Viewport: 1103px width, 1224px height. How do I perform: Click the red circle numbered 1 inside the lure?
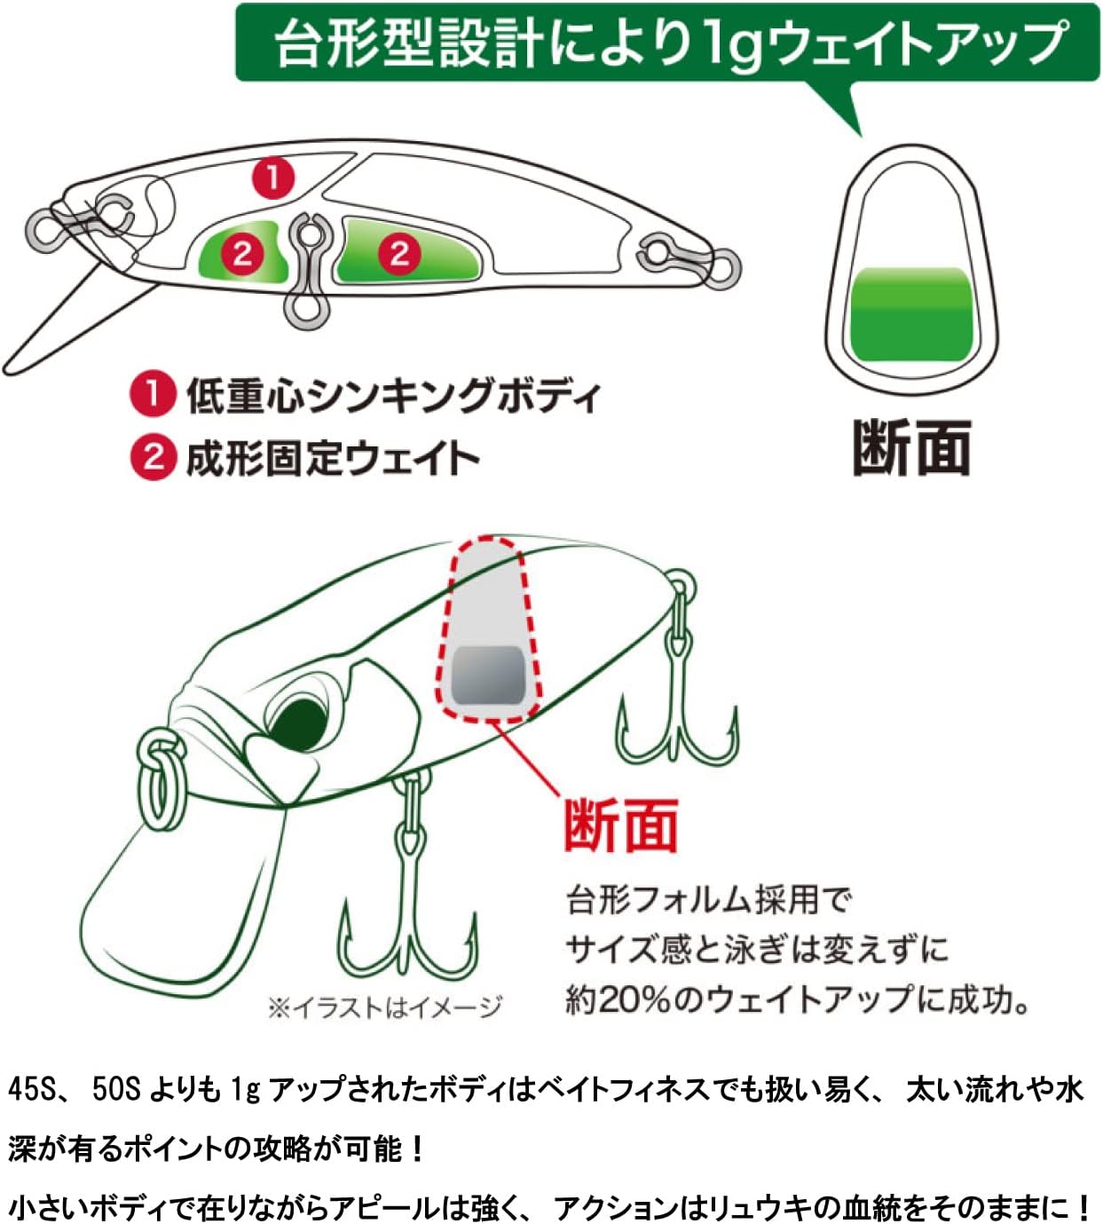point(273,178)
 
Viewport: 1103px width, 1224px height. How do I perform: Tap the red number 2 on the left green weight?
point(242,255)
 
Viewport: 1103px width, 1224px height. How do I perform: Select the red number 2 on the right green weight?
point(399,253)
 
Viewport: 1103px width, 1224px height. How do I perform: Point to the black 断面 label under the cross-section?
point(911,448)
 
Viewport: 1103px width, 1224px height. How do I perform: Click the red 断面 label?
point(621,825)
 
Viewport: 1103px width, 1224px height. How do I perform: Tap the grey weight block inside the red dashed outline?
point(488,675)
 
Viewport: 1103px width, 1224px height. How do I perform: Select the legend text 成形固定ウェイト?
point(333,458)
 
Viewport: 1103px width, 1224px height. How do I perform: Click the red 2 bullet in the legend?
point(153,457)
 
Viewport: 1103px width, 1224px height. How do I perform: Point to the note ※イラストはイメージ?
point(384,1007)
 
